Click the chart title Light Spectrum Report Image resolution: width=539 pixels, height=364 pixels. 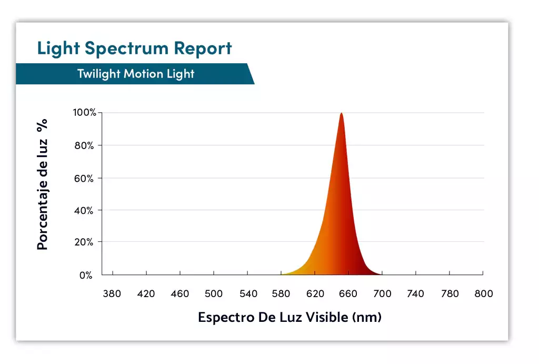(x=134, y=48)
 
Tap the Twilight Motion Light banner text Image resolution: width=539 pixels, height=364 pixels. (x=136, y=74)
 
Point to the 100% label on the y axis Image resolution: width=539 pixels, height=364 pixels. (x=84, y=113)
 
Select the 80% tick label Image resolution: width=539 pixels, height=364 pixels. (x=84, y=145)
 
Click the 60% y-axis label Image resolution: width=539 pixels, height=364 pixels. (x=84, y=178)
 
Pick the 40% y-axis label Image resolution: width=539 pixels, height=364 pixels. (x=84, y=211)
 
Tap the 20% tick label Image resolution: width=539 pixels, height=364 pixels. (x=84, y=242)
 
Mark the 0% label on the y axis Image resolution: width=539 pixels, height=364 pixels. (x=86, y=275)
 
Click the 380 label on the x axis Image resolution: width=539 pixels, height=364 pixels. (x=112, y=294)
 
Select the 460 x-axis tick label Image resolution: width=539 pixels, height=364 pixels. (x=180, y=294)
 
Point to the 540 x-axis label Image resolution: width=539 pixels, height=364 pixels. (x=248, y=294)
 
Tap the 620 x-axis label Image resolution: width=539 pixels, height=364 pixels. (x=315, y=294)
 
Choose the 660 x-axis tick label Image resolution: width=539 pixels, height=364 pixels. (x=348, y=294)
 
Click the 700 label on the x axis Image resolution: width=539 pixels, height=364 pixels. (x=383, y=294)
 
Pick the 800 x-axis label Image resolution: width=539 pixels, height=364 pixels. (x=483, y=294)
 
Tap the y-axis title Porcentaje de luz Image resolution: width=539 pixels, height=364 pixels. (x=43, y=184)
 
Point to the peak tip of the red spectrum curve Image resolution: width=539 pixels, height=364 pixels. (x=342, y=113)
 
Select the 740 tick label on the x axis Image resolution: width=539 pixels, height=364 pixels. (x=416, y=294)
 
